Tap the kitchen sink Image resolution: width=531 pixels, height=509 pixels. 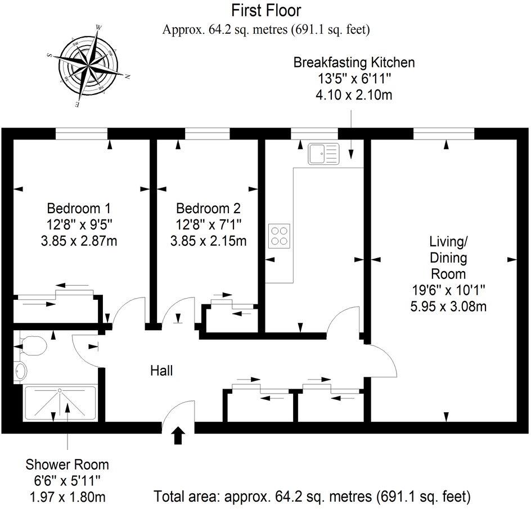(x=324, y=154)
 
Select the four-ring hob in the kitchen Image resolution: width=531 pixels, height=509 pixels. (x=280, y=236)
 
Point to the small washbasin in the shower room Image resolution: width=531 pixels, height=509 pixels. (x=20, y=371)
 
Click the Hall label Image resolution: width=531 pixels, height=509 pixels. (x=161, y=371)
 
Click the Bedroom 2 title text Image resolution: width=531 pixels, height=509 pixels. (x=208, y=208)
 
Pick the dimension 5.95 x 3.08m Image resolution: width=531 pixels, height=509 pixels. (x=448, y=307)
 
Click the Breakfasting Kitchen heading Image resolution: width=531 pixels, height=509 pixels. (x=354, y=62)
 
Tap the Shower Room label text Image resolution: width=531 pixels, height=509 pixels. (x=67, y=465)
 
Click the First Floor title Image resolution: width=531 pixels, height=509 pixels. (x=266, y=10)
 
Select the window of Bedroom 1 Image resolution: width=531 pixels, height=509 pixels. (x=81, y=133)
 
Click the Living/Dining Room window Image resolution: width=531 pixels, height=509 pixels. (x=444, y=133)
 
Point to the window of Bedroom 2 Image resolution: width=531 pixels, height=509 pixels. (x=207, y=133)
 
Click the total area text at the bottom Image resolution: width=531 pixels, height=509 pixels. (x=312, y=497)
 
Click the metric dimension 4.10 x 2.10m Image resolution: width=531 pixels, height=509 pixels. (x=354, y=95)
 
